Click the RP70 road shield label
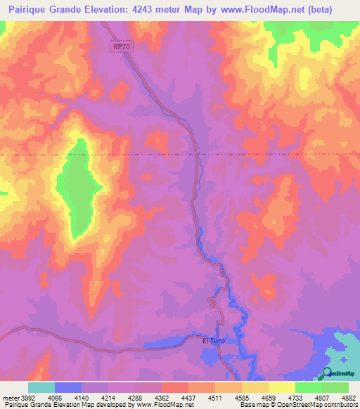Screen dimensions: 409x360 121,47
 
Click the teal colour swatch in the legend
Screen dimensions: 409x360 41,387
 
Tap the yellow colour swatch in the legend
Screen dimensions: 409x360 281,387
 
